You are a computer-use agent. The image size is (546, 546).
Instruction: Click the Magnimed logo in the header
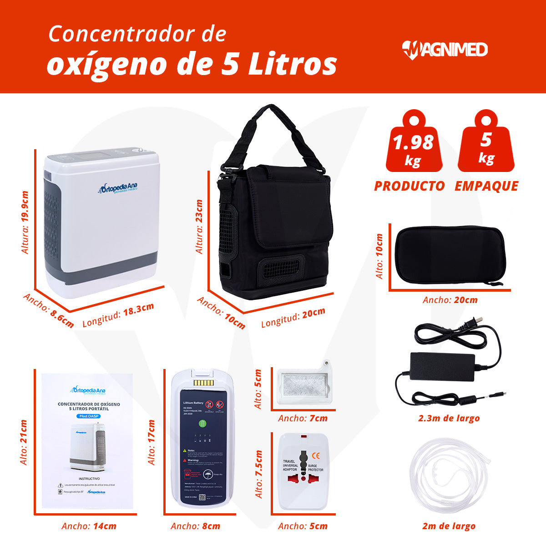tap(445, 49)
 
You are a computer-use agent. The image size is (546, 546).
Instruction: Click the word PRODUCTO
tap(409, 186)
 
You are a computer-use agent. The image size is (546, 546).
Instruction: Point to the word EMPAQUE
tap(486, 186)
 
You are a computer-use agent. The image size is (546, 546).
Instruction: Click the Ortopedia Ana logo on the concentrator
tap(118, 188)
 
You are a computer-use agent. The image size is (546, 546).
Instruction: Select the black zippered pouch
tap(449, 254)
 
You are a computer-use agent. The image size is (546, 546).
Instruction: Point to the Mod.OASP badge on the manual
tap(89, 416)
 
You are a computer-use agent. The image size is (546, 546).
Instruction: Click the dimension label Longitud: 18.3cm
tap(118, 314)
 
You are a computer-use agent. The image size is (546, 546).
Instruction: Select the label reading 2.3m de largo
tap(449, 418)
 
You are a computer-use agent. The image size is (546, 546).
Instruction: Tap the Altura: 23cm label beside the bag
tap(199, 226)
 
